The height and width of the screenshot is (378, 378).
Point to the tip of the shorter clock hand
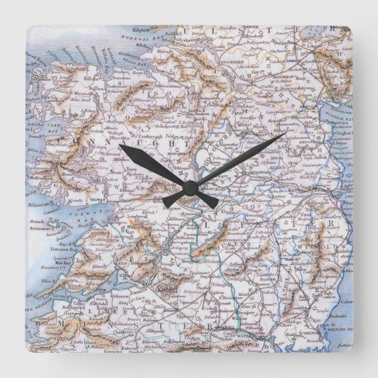click(x=120, y=146)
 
